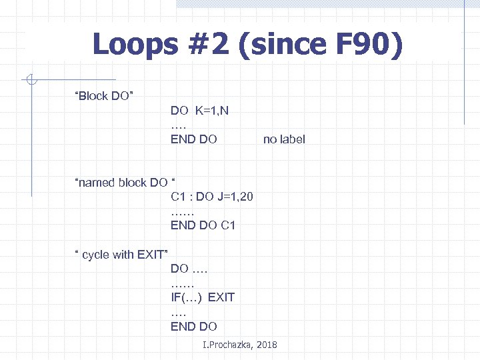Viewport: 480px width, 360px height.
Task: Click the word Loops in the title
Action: (x=137, y=45)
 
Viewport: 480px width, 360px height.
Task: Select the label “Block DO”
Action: (x=105, y=96)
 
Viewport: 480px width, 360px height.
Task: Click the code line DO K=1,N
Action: (x=199, y=111)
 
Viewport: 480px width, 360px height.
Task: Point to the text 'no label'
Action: (x=284, y=139)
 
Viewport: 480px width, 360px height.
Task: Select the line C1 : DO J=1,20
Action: (x=211, y=197)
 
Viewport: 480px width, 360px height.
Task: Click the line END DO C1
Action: (x=203, y=225)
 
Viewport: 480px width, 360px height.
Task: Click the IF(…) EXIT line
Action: (x=203, y=297)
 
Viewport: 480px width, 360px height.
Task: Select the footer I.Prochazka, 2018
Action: (x=239, y=345)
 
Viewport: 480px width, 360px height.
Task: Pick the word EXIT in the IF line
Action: (x=221, y=297)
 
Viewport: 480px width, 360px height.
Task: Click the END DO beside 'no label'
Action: (x=194, y=139)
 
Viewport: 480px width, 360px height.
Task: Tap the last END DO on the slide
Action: (x=194, y=326)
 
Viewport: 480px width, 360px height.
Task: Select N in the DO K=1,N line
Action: (x=224, y=111)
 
